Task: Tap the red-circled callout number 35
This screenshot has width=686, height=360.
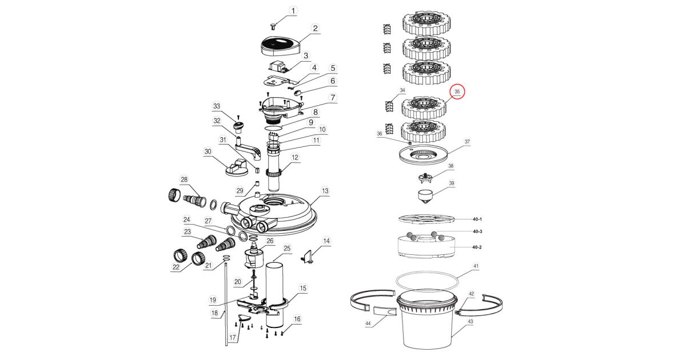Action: [457, 91]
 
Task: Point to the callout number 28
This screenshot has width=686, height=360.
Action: [184, 180]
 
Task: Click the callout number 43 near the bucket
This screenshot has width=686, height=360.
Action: [470, 322]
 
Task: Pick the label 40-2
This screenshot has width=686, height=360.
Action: [477, 247]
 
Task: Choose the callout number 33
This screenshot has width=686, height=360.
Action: [217, 106]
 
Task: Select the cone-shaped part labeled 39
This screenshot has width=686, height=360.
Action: [427, 198]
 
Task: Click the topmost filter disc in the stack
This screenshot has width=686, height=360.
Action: [428, 22]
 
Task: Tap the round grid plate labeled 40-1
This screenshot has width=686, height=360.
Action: [427, 218]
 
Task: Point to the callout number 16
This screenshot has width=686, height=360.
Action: [297, 319]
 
